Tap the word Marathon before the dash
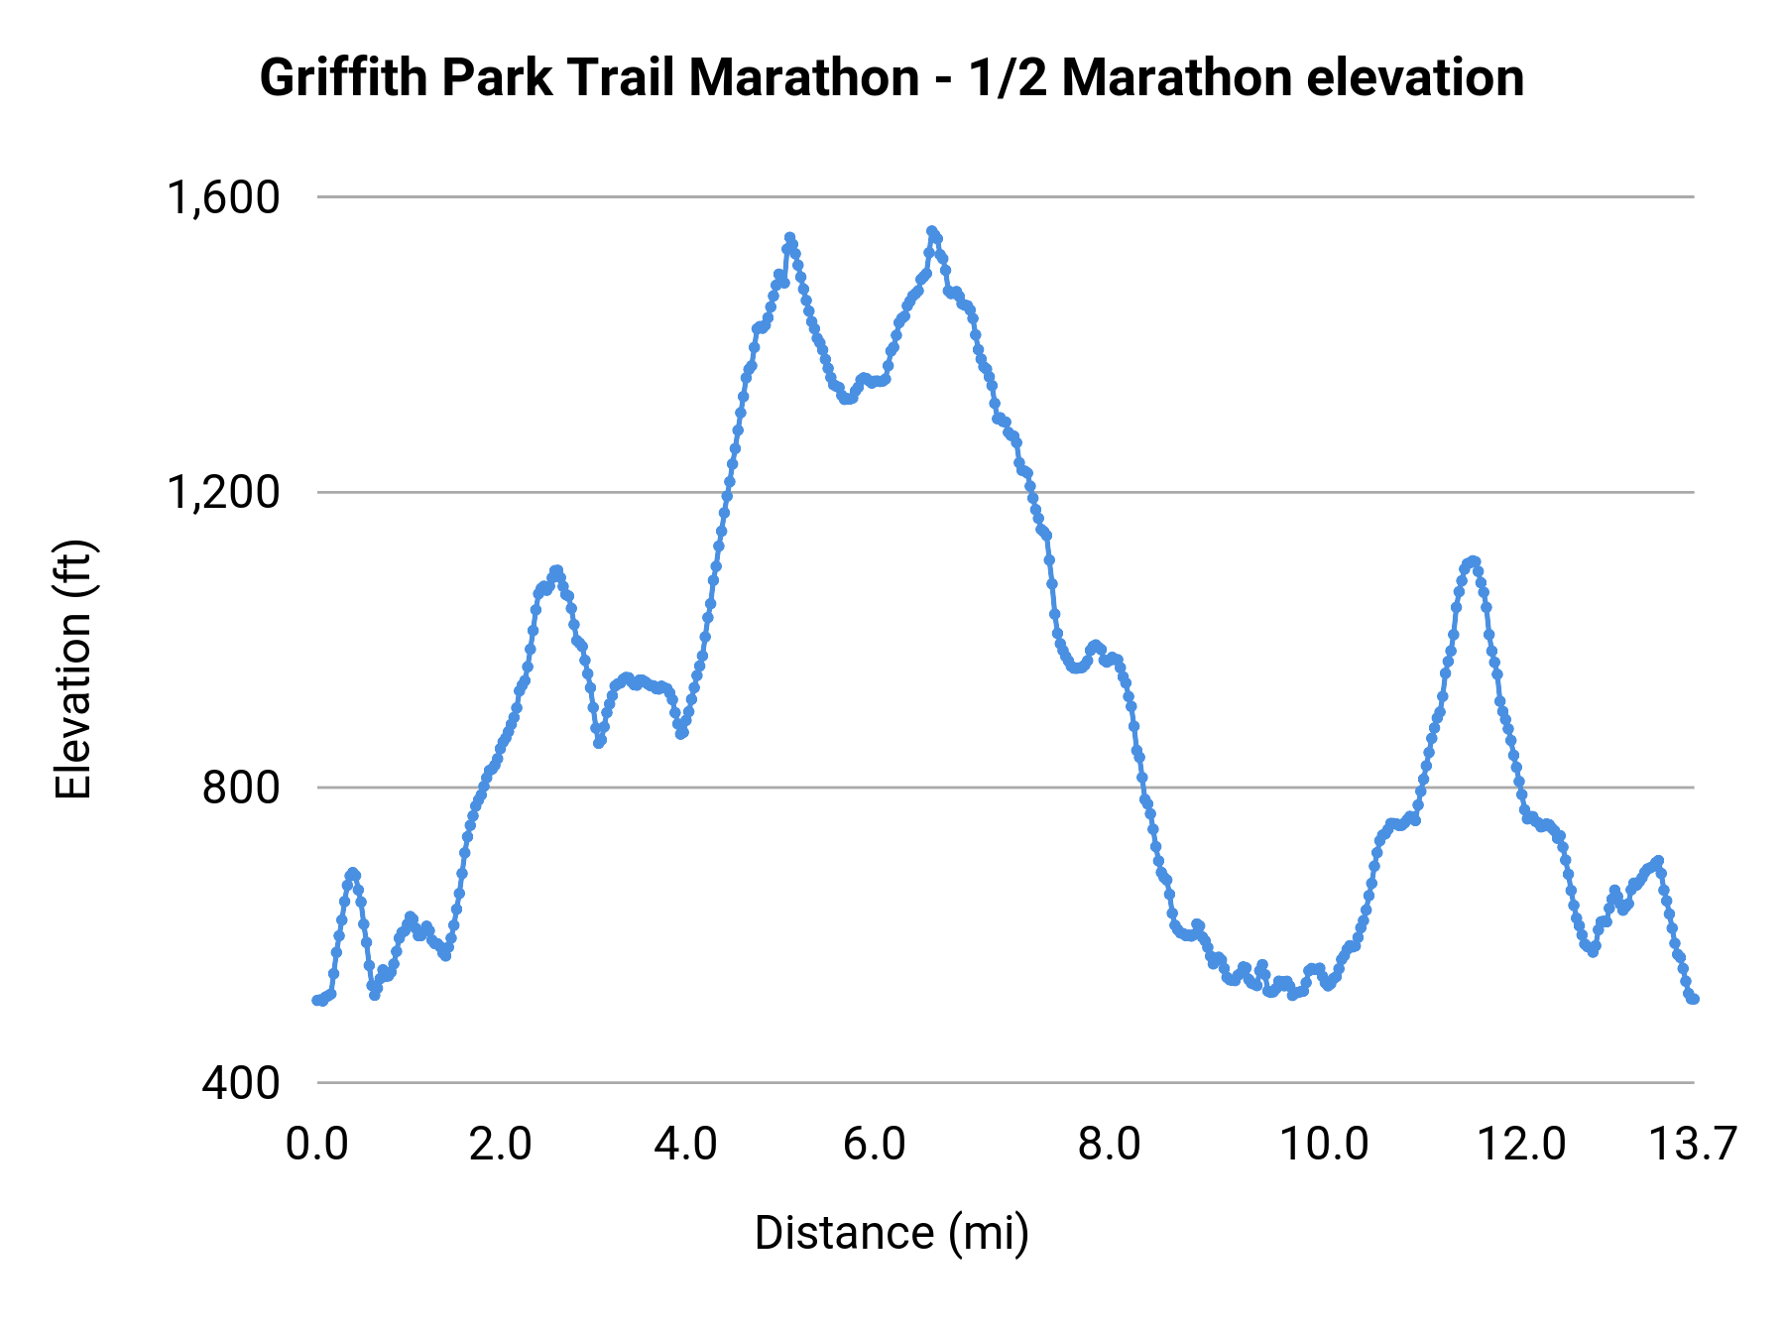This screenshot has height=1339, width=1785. coord(804,78)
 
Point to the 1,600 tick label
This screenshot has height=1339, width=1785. coord(223,197)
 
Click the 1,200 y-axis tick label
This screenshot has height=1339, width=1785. coord(223,492)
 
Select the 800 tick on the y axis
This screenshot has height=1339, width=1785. coord(241,788)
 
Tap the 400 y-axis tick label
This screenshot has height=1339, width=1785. coord(241,1082)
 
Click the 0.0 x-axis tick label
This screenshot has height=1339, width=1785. coord(317,1145)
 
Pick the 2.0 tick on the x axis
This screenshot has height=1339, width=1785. coord(501,1145)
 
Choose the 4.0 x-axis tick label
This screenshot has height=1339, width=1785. coord(685,1145)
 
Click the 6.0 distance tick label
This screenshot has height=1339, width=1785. coord(875,1145)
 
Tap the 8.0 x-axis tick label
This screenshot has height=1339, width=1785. coord(1110,1145)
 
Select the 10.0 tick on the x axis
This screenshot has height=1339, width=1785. coord(1325,1145)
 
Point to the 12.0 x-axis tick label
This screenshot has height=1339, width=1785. coord(1522,1145)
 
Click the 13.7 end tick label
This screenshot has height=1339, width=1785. coord(1693,1145)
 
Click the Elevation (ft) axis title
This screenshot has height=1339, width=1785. coord(73,669)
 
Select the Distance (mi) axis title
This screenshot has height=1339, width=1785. coord(892,1233)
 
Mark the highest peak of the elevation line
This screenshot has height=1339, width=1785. coord(931,231)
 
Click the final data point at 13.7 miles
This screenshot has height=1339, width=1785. coord(1694,999)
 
